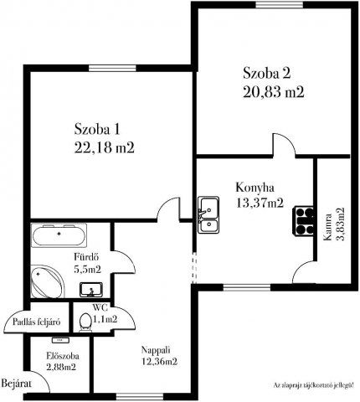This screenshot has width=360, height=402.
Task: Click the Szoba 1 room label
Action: coord(98,129)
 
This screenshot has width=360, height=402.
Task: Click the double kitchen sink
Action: coord(208,215)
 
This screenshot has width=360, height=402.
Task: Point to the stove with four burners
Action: coord(301,219)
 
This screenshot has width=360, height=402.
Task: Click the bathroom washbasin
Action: coord(91,290)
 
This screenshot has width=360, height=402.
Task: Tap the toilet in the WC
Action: coord(84,322)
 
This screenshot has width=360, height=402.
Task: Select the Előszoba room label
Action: coord(61,356)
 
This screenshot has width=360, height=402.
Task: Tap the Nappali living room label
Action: coord(158,350)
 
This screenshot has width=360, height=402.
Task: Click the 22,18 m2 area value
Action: coord(105,147)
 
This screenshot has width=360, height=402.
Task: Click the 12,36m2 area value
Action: coord(159,363)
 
